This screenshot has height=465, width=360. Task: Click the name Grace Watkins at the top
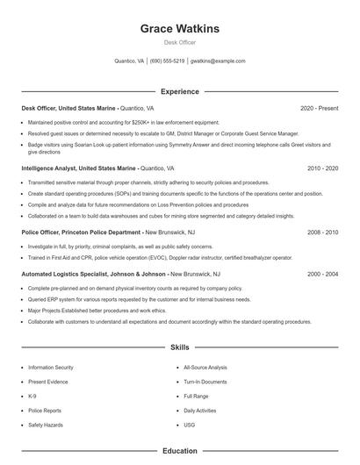tap(180, 29)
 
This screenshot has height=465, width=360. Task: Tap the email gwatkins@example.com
tap(218, 61)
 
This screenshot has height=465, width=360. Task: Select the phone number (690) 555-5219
tap(167, 61)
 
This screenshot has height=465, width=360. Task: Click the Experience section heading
tap(180, 91)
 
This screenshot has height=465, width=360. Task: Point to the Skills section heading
tap(180, 347)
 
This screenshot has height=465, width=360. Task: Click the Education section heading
tap(180, 451)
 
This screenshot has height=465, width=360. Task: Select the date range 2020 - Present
tap(320, 108)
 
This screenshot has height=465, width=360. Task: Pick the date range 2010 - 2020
tap(323, 167)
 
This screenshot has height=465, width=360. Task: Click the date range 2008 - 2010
tap(323, 232)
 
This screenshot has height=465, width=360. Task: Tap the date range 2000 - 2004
tap(323, 274)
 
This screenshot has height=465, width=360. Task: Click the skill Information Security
tap(51, 368)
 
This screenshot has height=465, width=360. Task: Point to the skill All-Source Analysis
tap(205, 368)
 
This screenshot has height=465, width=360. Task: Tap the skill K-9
tap(33, 397)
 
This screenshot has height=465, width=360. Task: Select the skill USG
tap(189, 425)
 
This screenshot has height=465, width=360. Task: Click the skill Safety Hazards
tap(45, 425)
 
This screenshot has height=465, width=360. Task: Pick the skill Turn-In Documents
tap(205, 382)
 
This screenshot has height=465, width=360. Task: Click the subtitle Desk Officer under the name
tap(180, 42)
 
